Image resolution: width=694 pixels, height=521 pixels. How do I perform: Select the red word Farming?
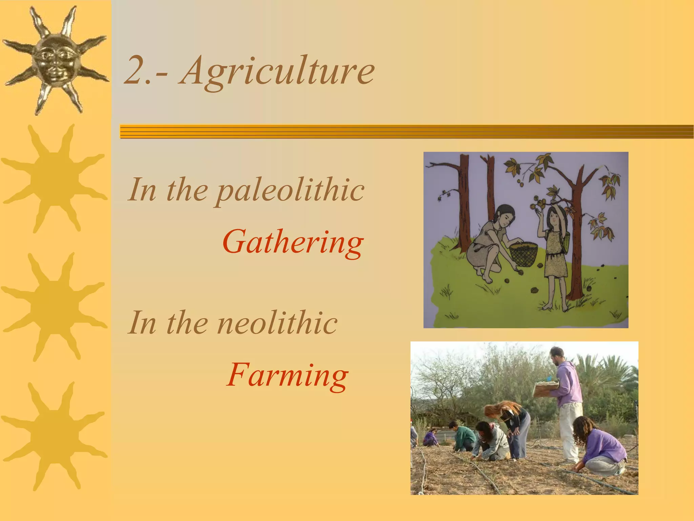click(287, 375)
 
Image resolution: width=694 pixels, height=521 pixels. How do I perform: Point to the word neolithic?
click(277, 323)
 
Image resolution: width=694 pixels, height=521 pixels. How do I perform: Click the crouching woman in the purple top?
click(600, 448)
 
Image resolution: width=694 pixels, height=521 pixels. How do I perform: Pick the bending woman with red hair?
click(512, 427)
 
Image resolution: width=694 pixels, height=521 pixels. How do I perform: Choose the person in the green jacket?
click(463, 438)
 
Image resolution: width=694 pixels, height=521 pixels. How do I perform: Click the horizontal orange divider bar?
click(407, 132)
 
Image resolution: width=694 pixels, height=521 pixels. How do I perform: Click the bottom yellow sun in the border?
click(54, 436)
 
